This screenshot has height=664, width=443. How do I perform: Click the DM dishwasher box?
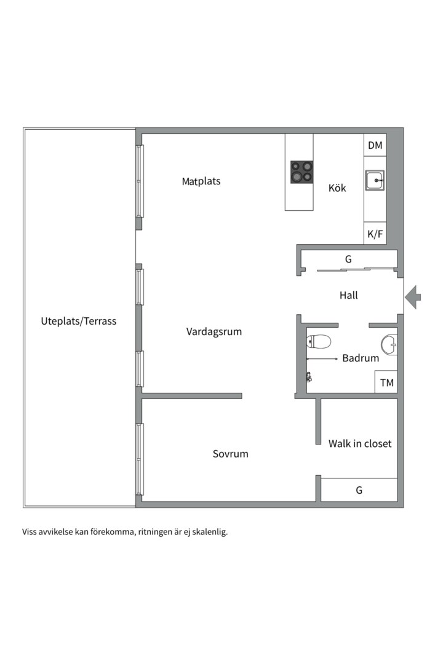[x=375, y=146]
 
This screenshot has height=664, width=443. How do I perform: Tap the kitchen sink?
[x=374, y=181]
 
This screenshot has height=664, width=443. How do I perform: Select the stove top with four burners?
[x=301, y=172]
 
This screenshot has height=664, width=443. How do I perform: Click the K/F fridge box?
[x=375, y=234]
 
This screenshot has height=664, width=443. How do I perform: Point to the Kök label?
[x=337, y=188]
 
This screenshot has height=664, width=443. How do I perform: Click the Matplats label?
[x=201, y=181]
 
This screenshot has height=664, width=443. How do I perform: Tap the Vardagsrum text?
[x=214, y=332]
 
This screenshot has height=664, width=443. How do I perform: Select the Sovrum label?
[x=231, y=454]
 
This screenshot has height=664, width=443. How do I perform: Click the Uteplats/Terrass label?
[x=79, y=321]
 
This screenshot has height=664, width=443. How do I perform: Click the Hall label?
[x=349, y=296]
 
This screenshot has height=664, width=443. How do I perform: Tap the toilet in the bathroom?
[x=319, y=341]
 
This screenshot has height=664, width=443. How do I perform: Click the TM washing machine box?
[x=386, y=382]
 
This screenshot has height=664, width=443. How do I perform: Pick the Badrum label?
[x=361, y=358]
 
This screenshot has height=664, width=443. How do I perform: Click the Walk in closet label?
[x=360, y=443]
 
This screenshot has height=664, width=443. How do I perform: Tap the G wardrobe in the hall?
[x=348, y=259]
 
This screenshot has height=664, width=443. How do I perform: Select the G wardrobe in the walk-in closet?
[x=359, y=490]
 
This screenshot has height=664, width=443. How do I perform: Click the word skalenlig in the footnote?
[x=209, y=532]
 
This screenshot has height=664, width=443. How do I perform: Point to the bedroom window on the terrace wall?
[x=140, y=459]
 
